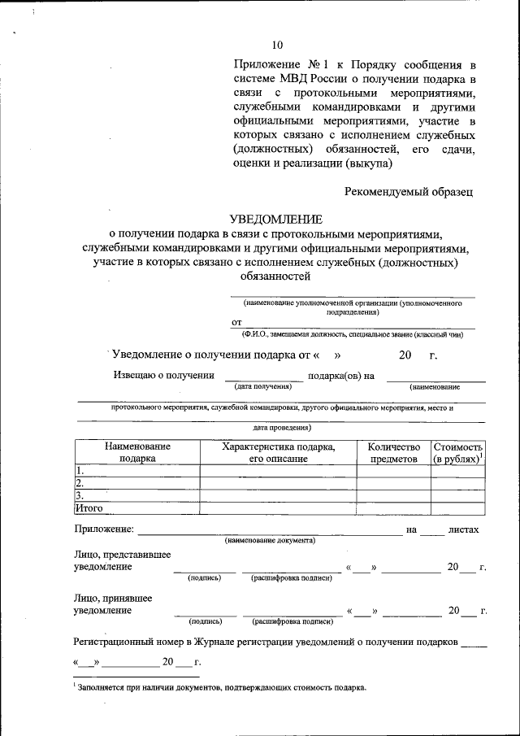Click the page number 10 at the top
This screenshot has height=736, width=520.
click(278, 45)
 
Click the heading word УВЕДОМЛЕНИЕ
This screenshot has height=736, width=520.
click(275, 219)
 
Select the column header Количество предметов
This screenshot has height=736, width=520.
click(393, 453)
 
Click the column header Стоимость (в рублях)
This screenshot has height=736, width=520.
click(458, 453)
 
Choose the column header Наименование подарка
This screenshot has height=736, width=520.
click(137, 453)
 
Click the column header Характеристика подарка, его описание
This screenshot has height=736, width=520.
click(278, 453)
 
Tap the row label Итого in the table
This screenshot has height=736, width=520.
click(89, 508)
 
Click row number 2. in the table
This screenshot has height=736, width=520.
click(80, 482)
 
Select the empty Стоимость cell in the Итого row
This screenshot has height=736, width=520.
click(458, 508)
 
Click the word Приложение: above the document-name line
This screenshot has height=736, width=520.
click(103, 529)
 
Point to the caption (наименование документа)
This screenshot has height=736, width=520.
click(270, 541)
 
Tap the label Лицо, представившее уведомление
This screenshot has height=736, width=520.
click(122, 560)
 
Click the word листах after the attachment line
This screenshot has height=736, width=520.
click(463, 529)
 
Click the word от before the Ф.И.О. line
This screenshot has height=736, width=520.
click(236, 322)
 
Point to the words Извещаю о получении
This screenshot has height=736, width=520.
click(163, 375)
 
